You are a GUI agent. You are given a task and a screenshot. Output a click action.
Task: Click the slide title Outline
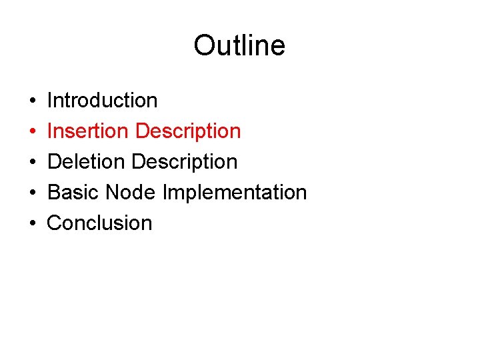point(239,45)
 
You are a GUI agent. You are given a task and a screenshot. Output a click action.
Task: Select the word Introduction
point(103,101)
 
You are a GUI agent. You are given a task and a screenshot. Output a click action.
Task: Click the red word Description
point(187,131)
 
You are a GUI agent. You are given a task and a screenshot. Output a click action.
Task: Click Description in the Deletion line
point(185,162)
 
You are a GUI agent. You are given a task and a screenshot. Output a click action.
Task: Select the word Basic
point(73,193)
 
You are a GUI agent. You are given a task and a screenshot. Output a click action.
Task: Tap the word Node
point(130,193)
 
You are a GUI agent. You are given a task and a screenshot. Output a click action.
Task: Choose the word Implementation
point(235,193)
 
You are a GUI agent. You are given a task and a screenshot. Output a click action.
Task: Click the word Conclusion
point(100,223)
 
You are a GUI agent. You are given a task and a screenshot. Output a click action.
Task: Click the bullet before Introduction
point(33,101)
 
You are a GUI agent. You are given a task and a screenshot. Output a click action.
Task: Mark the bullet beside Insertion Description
point(33,132)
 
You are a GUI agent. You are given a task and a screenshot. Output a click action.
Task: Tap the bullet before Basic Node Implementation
point(33,193)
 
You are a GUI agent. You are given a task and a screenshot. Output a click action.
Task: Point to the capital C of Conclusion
point(55,223)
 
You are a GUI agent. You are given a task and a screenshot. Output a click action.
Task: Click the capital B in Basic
point(54,193)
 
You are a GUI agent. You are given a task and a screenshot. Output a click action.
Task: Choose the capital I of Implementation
point(165,193)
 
